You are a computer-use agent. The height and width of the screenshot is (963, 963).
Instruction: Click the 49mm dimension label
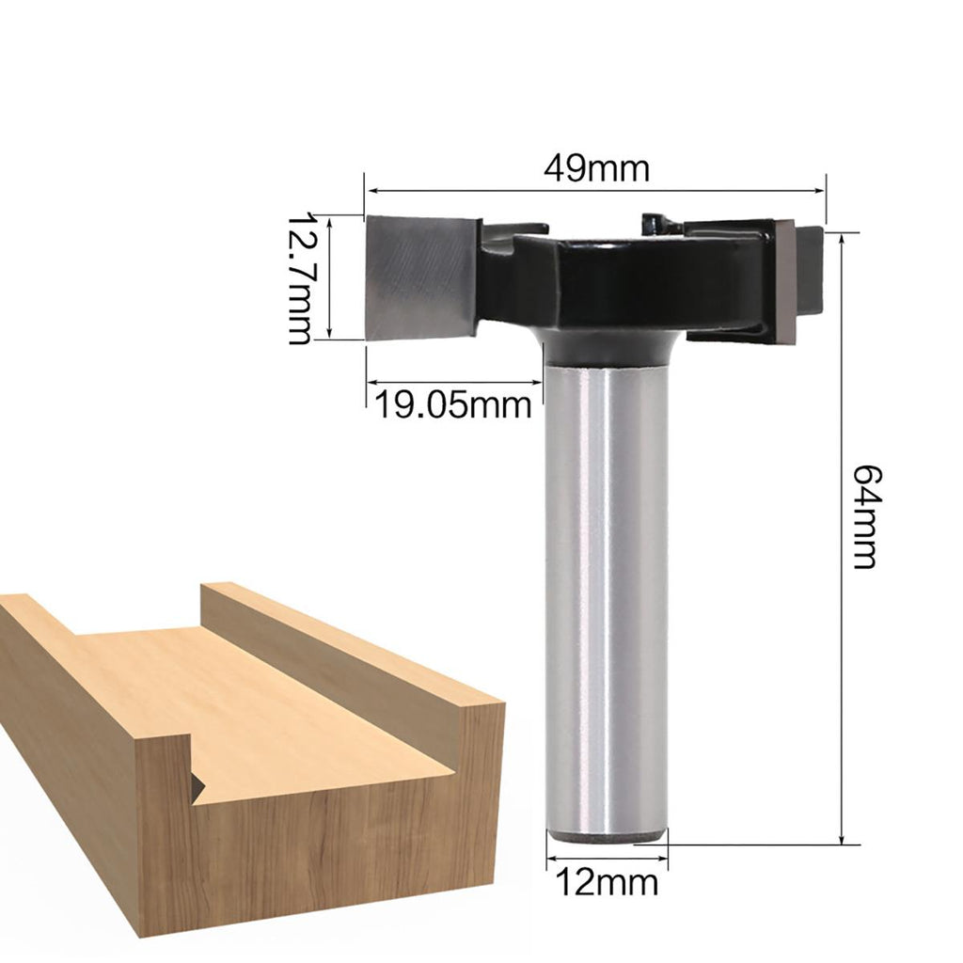coord(596,168)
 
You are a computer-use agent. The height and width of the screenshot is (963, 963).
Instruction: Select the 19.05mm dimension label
coord(452,405)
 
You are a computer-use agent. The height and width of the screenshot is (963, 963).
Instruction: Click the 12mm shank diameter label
coord(607,882)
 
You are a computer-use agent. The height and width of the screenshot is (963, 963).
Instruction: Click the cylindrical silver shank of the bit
coord(607,601)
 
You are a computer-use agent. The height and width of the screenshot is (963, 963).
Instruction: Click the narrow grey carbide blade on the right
coord(785,281)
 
